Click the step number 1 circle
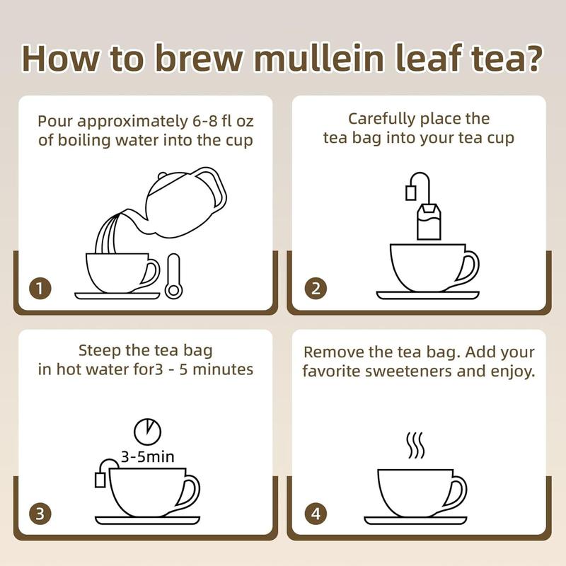tap(40, 288)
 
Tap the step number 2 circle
tap(316, 288)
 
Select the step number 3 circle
tap(40, 514)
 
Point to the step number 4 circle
tap(316, 514)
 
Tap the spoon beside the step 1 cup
tap(173, 276)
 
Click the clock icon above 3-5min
tap(148, 432)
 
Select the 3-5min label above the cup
tap(148, 457)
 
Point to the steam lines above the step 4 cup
tap(415, 445)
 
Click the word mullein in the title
tap(318, 58)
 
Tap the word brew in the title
tap(199, 58)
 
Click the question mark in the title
tap(532, 57)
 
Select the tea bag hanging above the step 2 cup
tap(429, 221)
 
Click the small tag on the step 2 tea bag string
tap(411, 192)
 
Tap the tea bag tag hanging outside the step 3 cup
tap(100, 480)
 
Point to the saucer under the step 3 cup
tap(148, 520)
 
